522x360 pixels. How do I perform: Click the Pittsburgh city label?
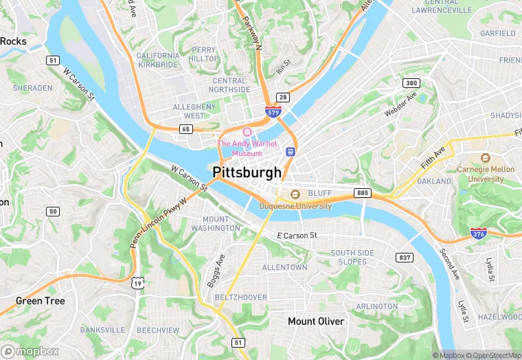click(x=247, y=172)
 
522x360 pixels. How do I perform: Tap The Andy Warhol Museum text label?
click(x=247, y=148)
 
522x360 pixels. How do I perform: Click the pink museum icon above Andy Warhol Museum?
click(x=247, y=132)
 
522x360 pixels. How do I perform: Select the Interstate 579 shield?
click(x=273, y=111)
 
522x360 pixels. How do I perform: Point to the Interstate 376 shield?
click(x=479, y=234)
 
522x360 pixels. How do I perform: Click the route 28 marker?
click(x=283, y=98)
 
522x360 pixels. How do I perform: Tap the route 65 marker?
click(x=185, y=128)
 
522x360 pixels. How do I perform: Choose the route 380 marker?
click(x=411, y=83)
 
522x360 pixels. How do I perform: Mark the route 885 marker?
click(x=363, y=193)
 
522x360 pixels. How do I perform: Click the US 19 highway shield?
click(x=138, y=282)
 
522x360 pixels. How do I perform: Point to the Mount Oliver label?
click(x=316, y=322)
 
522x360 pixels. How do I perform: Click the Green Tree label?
click(x=41, y=301)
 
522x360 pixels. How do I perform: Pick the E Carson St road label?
click(x=297, y=236)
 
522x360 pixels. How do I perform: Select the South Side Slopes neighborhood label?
click(x=353, y=257)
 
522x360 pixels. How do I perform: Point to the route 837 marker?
click(x=405, y=257)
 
